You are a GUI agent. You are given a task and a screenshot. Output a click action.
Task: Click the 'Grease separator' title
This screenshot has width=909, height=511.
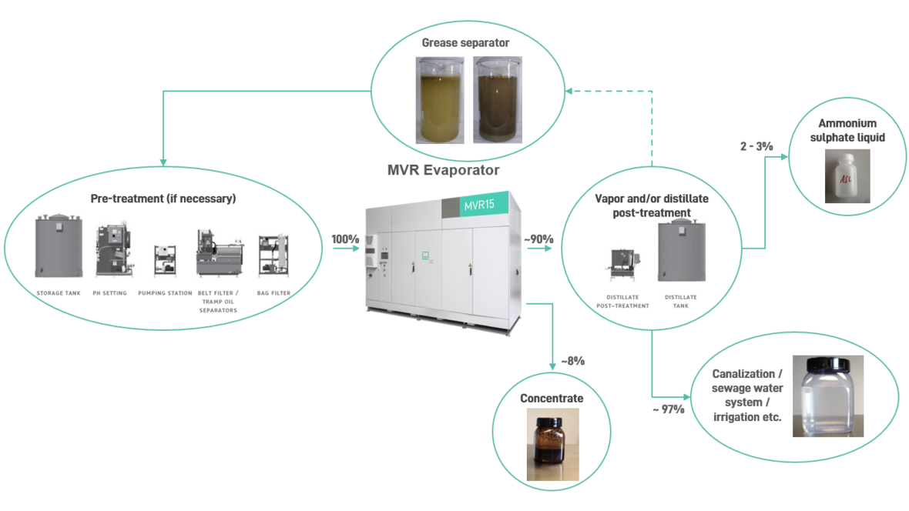pyautogui.click(x=465, y=42)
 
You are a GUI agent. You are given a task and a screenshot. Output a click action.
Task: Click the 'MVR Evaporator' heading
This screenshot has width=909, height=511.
pyautogui.click(x=443, y=170)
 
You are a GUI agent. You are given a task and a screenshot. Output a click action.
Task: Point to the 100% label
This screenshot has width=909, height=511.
pyautogui.click(x=345, y=239)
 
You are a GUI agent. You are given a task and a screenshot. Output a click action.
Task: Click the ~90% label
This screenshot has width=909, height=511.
pyautogui.click(x=538, y=239)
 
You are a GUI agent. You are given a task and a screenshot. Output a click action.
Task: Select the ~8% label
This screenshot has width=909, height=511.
pyautogui.click(x=572, y=360)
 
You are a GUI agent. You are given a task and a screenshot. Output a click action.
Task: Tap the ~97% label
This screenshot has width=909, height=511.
pyautogui.click(x=668, y=409)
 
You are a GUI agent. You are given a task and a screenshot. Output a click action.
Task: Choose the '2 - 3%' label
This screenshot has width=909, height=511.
pyautogui.click(x=756, y=145)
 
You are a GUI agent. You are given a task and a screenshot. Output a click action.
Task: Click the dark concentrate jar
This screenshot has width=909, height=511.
pyautogui.click(x=552, y=445)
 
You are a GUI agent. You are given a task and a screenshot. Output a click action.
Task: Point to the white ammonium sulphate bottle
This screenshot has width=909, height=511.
pyautogui.click(x=847, y=176)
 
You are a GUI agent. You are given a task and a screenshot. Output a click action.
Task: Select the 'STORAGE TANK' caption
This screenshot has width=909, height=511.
pyautogui.click(x=59, y=293)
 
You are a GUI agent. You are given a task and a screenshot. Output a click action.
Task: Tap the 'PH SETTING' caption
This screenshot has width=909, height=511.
pyautogui.click(x=109, y=293)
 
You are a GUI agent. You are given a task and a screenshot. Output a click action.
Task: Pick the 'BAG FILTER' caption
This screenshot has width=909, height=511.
pyautogui.click(x=273, y=293)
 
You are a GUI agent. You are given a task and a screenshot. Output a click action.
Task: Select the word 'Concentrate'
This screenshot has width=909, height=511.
pyautogui.click(x=552, y=398)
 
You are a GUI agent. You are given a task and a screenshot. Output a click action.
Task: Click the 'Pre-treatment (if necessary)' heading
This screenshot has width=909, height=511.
pyautogui.click(x=163, y=199)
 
